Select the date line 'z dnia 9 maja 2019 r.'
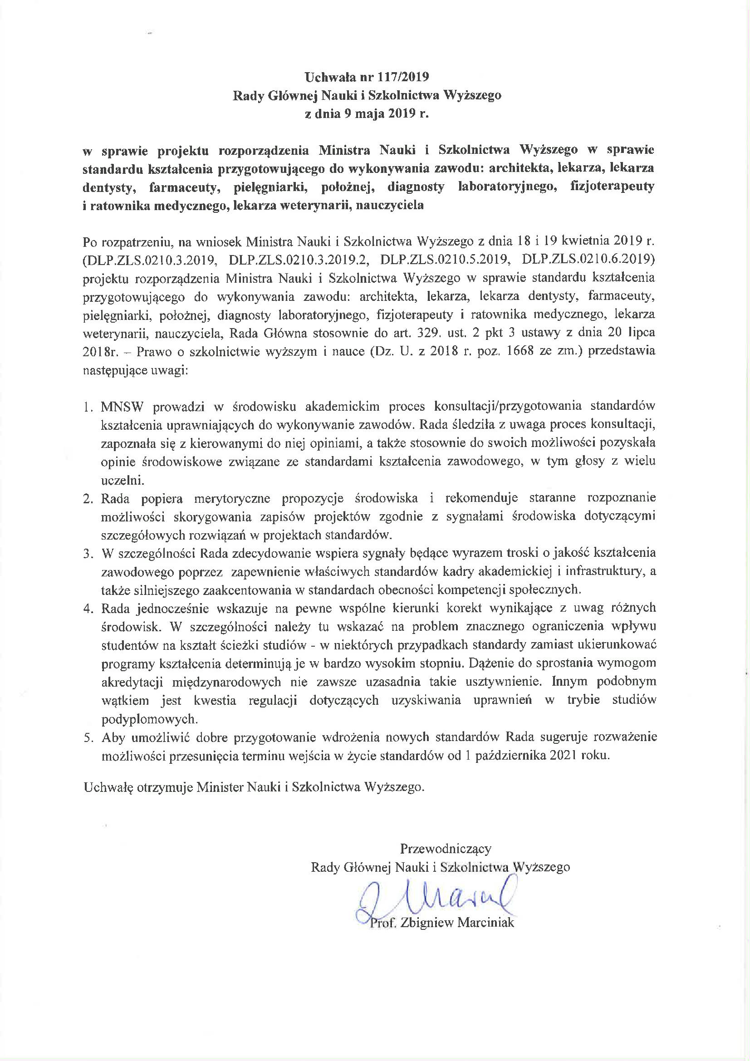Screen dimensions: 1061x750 point(367,113)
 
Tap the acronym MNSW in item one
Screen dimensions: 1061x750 point(122,407)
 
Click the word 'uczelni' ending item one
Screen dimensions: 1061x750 point(123,480)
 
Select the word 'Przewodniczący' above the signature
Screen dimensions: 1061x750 point(445,849)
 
